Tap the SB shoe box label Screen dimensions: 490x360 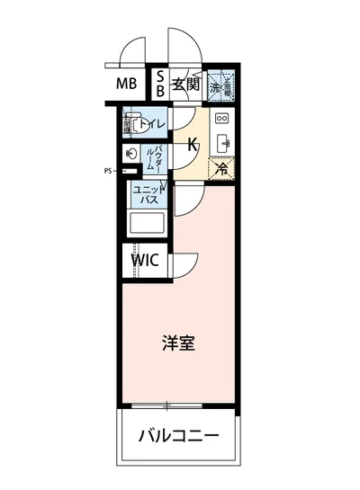tap(160, 86)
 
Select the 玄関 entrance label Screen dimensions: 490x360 tap(186, 86)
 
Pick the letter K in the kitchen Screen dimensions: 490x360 tap(193, 143)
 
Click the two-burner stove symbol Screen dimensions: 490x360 tap(222, 118)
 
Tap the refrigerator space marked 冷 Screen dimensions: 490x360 tap(220, 167)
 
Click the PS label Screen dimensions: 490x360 tap(107, 169)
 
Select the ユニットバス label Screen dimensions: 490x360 tap(148, 195)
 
